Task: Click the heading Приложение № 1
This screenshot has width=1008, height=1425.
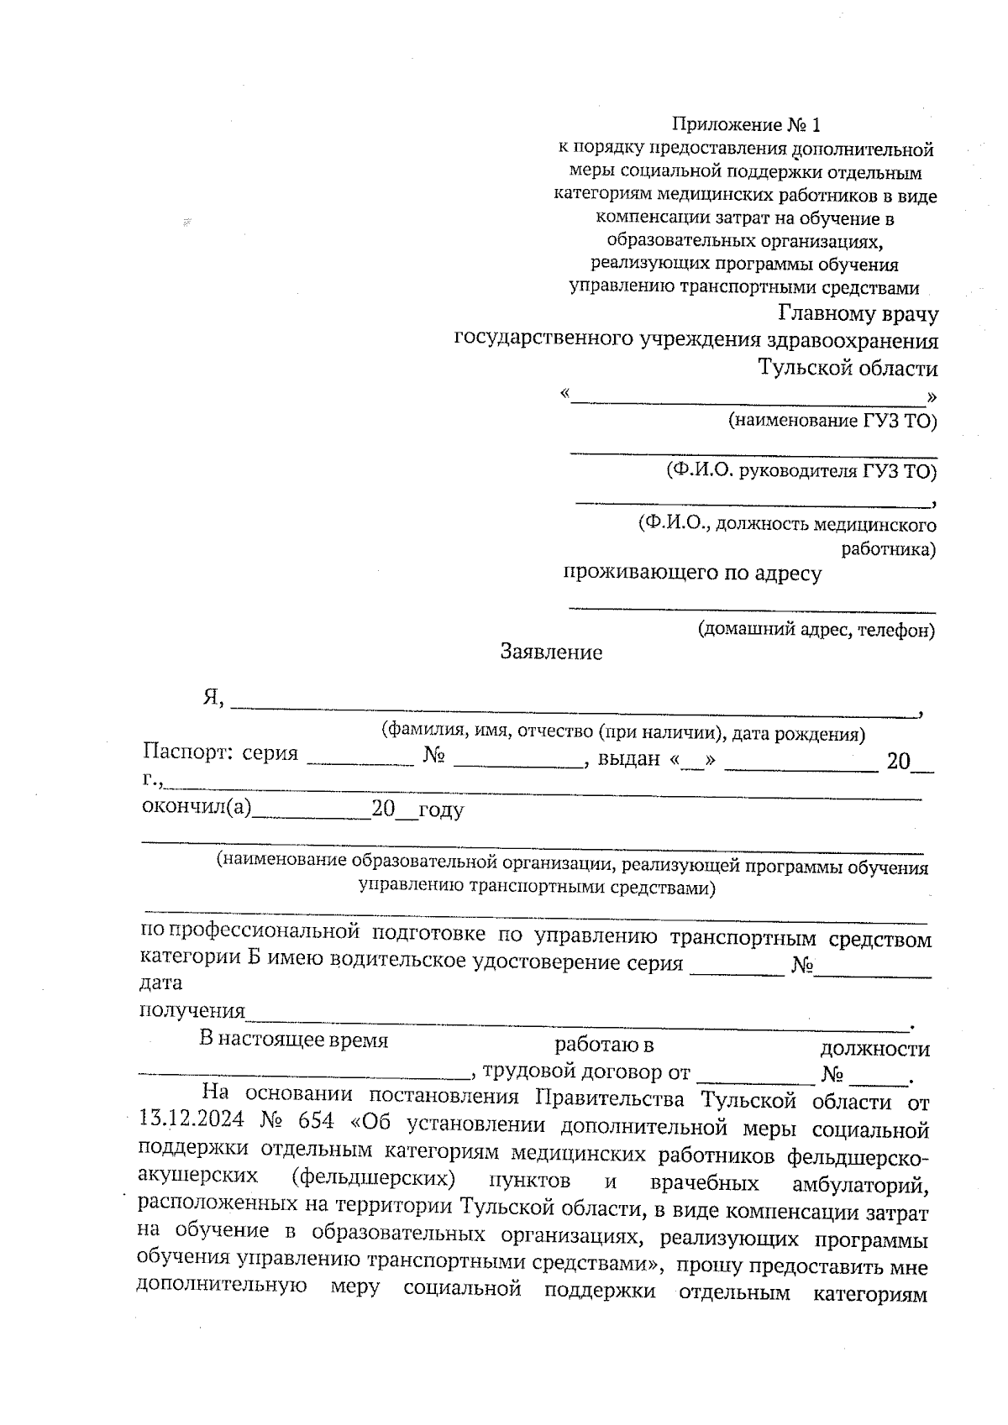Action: coord(745,126)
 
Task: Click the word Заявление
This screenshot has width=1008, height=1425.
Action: coord(551,652)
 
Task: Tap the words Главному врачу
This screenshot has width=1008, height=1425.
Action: coord(858,314)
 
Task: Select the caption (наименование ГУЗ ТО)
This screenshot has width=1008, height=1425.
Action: coord(832,422)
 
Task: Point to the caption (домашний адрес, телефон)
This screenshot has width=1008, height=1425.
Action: coord(816,630)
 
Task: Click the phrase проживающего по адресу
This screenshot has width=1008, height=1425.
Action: coord(691,574)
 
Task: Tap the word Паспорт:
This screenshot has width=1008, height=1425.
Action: coord(186,752)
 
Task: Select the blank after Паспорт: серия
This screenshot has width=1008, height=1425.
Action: coord(360,761)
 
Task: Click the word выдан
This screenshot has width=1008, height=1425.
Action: coord(628,760)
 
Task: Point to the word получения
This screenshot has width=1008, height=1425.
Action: coord(192,1010)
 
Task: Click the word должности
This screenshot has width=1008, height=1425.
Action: coord(874,1049)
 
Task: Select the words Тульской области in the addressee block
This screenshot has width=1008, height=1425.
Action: coord(848,368)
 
